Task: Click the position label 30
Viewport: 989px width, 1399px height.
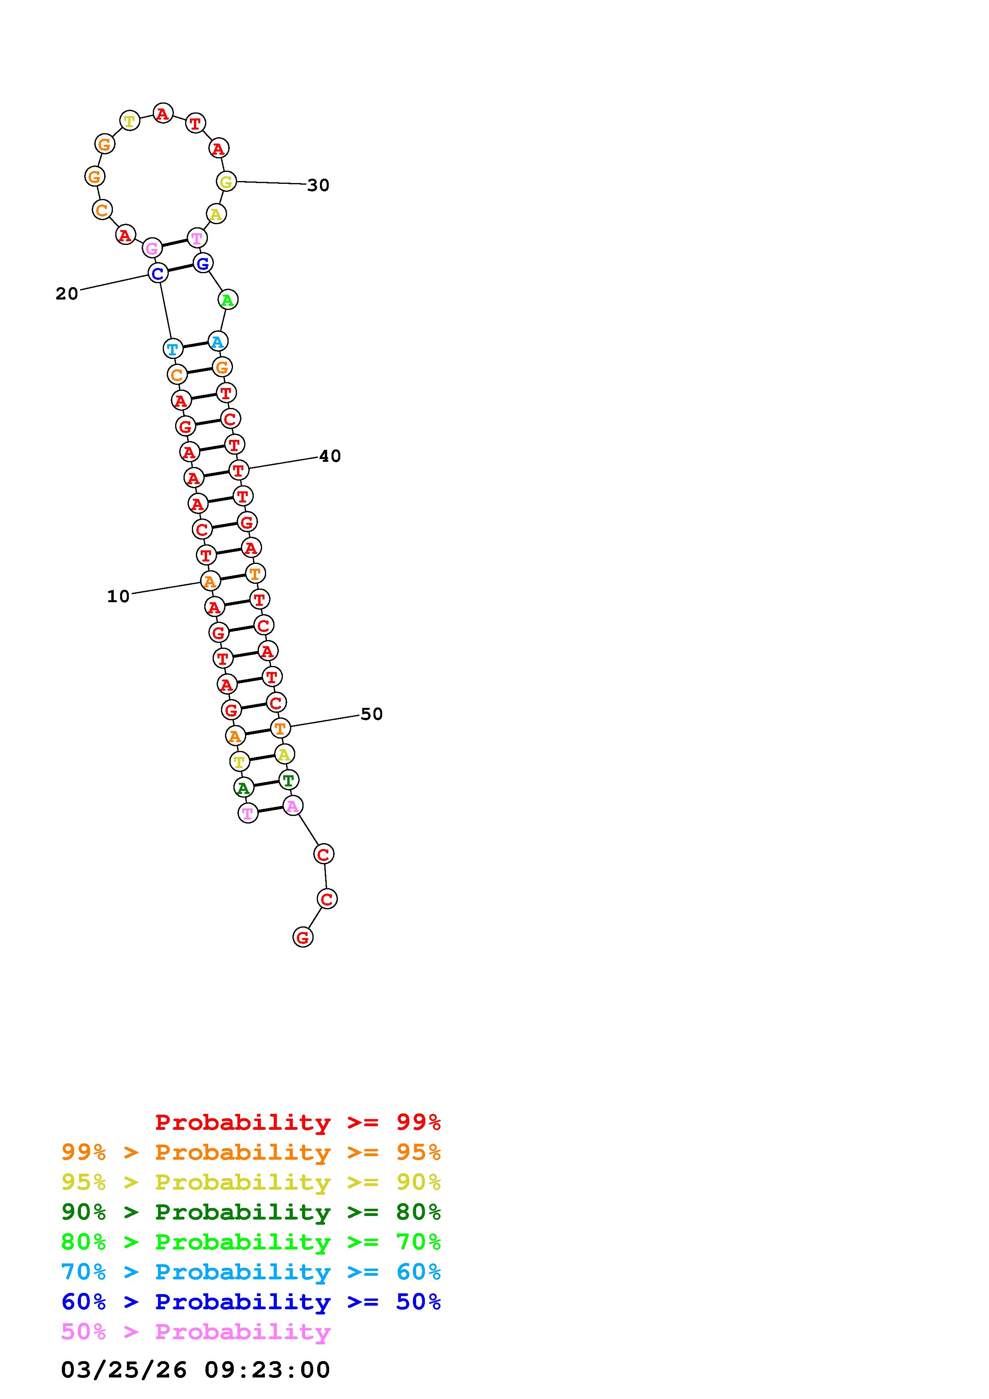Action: pos(318,185)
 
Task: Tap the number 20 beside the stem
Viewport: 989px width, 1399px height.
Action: pos(67,294)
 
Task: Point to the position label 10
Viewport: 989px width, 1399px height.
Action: pos(118,597)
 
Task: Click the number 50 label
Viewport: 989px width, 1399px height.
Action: pos(372,714)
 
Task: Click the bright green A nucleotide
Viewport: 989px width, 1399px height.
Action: pos(227,300)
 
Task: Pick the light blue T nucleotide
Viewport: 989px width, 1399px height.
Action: pos(173,349)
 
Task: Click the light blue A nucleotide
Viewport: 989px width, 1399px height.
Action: pos(217,342)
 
